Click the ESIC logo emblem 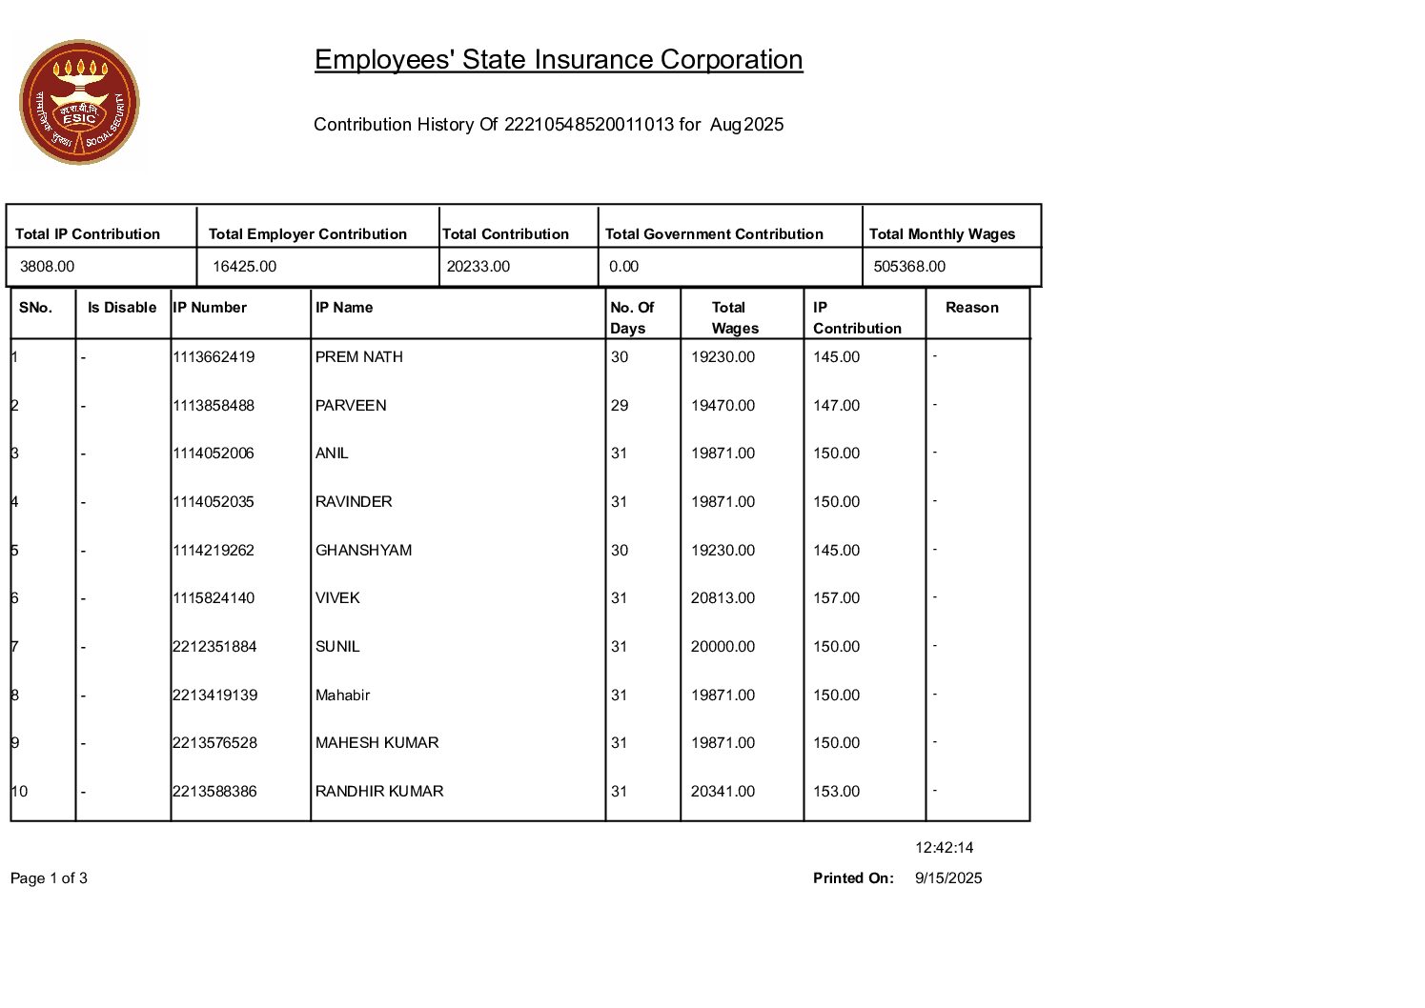[x=79, y=102]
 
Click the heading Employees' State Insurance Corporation [x=559, y=60]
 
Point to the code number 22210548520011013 [x=588, y=125]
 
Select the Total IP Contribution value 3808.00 [x=47, y=267]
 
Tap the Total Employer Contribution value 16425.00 [x=244, y=267]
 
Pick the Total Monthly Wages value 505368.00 [x=909, y=267]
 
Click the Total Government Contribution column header [x=714, y=234]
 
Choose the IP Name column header [x=344, y=308]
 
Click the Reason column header [x=971, y=308]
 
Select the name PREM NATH [x=359, y=357]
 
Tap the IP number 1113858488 [x=214, y=406]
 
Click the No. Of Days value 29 [x=620, y=406]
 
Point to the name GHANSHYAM [x=363, y=551]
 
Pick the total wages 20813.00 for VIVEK [x=723, y=598]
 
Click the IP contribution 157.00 [x=836, y=598]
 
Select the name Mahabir [x=342, y=696]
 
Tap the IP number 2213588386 [x=214, y=792]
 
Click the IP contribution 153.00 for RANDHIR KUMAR [x=836, y=792]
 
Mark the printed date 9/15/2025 [x=948, y=878]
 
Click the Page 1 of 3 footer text [x=49, y=878]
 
